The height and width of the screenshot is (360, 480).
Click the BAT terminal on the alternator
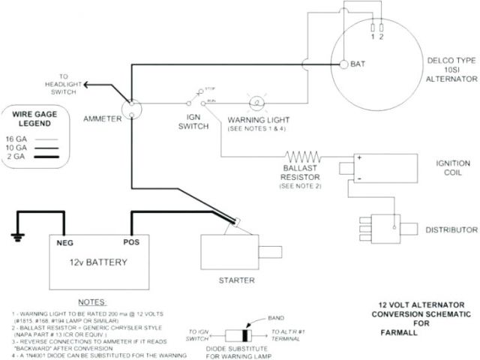point(343,64)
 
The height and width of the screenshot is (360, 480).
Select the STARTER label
point(236,280)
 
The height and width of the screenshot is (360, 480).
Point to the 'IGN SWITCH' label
point(199,122)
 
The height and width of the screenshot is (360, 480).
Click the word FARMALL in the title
point(412,333)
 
